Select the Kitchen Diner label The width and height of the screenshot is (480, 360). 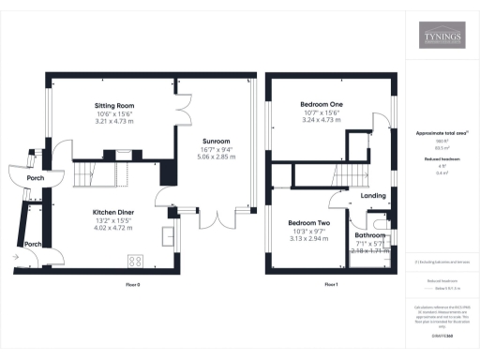112,213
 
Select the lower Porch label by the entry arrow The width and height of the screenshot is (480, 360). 33,244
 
